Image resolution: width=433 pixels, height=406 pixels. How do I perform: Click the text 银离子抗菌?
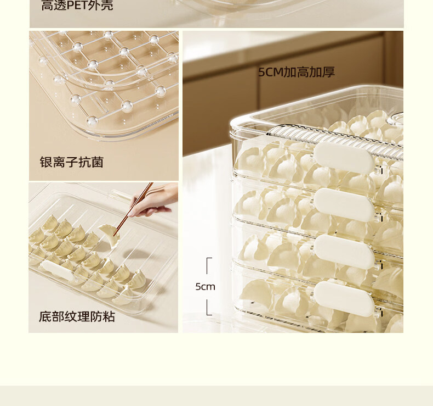tap(71, 162)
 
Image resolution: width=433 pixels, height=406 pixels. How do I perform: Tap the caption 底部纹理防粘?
tap(77, 316)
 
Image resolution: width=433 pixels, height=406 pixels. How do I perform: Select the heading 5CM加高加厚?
tap(297, 72)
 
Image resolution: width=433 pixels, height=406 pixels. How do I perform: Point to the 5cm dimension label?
tap(205, 287)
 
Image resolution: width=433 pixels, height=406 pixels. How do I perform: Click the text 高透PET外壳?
tap(77, 5)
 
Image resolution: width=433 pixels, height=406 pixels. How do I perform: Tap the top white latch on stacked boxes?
tap(344, 157)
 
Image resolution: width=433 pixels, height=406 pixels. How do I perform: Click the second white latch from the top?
tap(344, 204)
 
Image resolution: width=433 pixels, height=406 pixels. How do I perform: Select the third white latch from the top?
tap(344, 251)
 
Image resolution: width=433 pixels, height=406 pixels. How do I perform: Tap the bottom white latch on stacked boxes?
tap(344, 298)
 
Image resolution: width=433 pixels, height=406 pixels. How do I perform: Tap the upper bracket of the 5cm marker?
tap(209, 266)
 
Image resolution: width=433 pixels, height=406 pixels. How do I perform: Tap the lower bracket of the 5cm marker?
tap(209, 307)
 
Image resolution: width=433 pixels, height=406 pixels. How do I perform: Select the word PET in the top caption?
tap(75, 5)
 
